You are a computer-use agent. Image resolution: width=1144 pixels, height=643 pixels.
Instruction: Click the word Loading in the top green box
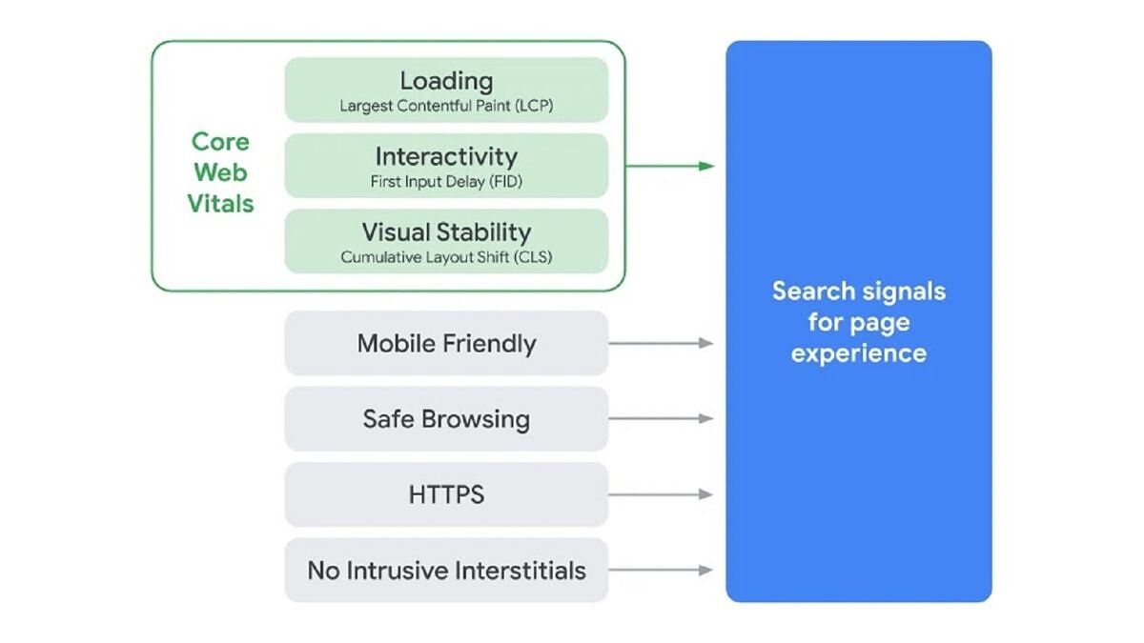pos(446,81)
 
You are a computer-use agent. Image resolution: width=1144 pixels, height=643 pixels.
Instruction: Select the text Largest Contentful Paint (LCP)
pos(446,107)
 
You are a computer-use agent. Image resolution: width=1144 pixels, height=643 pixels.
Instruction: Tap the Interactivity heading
pos(446,156)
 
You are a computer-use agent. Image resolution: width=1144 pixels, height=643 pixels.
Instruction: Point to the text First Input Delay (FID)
pos(446,181)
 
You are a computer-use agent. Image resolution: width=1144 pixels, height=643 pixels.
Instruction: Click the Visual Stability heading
pos(446,231)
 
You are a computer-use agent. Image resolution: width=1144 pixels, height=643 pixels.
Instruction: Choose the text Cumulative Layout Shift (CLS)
pos(446,257)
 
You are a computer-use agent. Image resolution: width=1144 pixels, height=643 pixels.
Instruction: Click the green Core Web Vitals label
pos(220,172)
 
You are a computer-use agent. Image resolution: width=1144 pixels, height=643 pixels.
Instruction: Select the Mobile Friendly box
pos(446,343)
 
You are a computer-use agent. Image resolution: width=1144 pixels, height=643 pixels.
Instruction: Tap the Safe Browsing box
pos(446,419)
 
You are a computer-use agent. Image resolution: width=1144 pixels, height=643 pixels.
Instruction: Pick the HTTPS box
pos(446,494)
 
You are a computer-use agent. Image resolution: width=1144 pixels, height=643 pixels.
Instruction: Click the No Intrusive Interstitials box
pos(446,571)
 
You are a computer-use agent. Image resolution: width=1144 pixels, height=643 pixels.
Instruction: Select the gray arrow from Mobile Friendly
pos(661,343)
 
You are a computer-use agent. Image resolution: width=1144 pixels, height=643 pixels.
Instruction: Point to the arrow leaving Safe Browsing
pos(661,419)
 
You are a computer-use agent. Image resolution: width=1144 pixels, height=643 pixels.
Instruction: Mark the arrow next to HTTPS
pos(661,494)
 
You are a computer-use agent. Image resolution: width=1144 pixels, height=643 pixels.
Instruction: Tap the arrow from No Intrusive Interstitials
pos(661,571)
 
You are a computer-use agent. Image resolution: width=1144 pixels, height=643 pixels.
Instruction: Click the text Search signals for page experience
pos(858,322)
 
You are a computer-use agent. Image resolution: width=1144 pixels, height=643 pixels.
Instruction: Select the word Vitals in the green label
pos(220,204)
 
